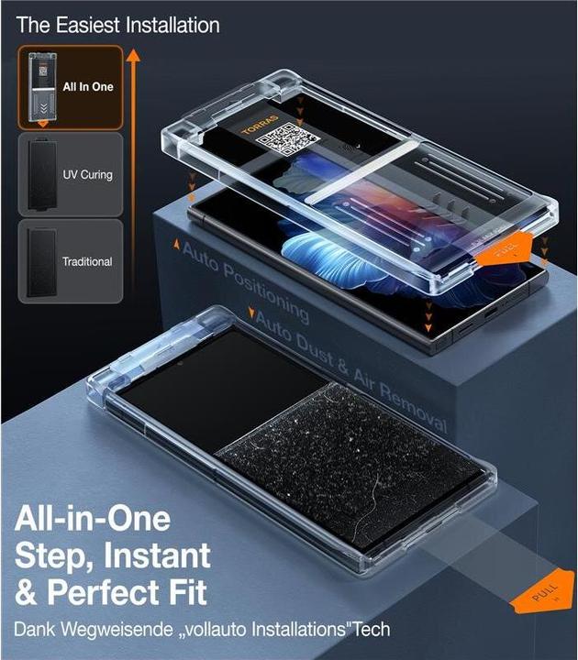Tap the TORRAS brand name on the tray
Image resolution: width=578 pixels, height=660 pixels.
pos(261,125)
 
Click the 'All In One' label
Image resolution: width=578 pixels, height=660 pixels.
pos(88,87)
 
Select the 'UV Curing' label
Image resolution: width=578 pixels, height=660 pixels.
pos(88,175)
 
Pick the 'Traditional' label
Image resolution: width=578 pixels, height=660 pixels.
pos(87,261)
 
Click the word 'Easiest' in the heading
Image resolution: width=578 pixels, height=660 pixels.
pos(88,26)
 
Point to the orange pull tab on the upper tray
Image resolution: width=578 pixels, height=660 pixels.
pos(505,252)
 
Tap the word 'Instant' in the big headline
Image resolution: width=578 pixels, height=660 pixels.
pos(157,555)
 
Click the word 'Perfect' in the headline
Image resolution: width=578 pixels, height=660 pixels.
pos(101,592)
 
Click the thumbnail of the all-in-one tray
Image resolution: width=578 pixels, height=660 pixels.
pos(42,88)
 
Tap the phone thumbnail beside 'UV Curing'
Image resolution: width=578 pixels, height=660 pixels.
pos(42,174)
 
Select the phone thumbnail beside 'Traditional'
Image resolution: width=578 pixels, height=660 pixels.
pos(42,261)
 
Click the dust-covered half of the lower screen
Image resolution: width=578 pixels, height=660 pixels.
pos(350,463)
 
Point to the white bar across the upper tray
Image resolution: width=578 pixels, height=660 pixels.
pos(362,171)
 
